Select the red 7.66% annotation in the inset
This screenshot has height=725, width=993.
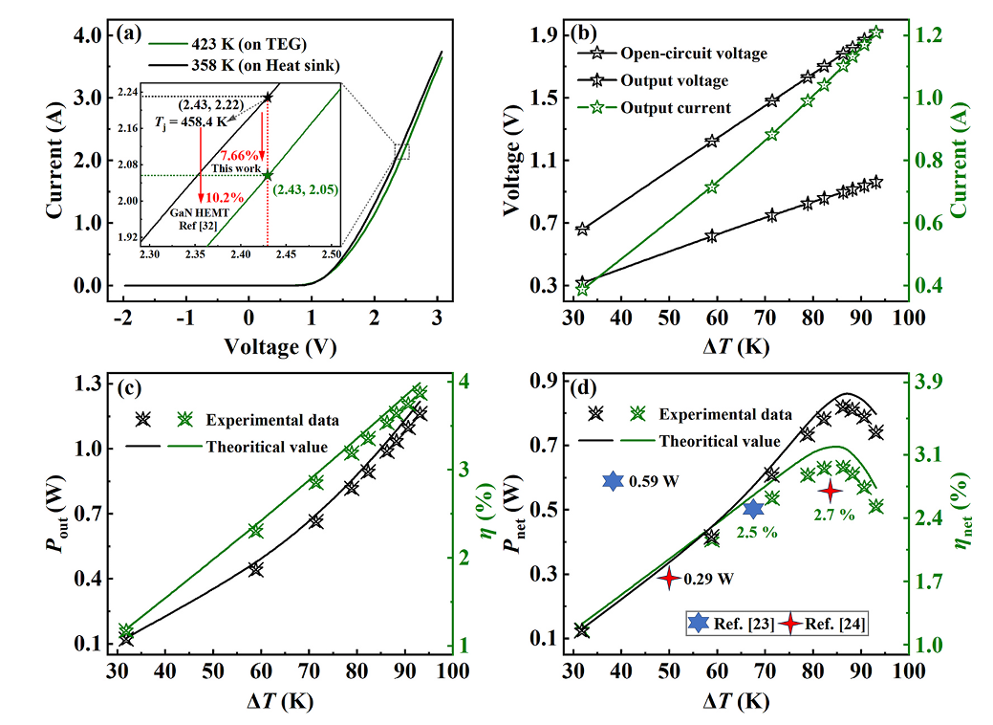click(x=239, y=154)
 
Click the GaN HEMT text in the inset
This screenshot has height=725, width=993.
click(x=194, y=214)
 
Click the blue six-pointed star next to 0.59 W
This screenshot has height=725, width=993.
click(x=613, y=481)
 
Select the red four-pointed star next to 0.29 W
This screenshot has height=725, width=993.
click(x=669, y=578)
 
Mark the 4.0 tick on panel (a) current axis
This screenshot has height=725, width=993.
click(x=91, y=36)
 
